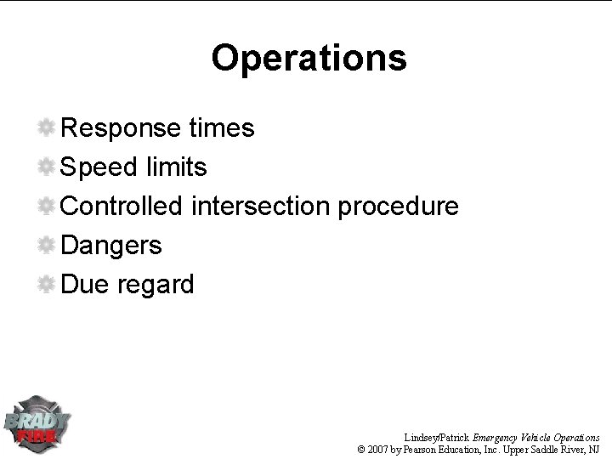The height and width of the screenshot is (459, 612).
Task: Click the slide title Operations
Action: click(x=309, y=59)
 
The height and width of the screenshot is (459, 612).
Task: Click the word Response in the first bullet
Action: click(x=120, y=128)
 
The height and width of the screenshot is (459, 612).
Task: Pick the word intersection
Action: click(x=264, y=207)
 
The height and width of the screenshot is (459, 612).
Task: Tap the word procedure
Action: click(x=400, y=207)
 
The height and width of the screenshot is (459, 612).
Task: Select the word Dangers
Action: click(x=111, y=246)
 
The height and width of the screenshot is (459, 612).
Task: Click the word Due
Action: click(x=83, y=285)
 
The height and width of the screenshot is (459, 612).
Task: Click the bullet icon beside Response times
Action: click(x=48, y=128)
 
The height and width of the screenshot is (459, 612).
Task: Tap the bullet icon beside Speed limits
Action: click(x=48, y=167)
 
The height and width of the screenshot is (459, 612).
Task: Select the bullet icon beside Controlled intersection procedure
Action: click(x=48, y=207)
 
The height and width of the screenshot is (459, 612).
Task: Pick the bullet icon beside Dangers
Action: click(x=48, y=246)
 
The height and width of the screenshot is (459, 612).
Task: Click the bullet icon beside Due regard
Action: click(x=48, y=285)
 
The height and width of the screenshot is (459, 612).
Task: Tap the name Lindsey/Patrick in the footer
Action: click(x=438, y=436)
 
